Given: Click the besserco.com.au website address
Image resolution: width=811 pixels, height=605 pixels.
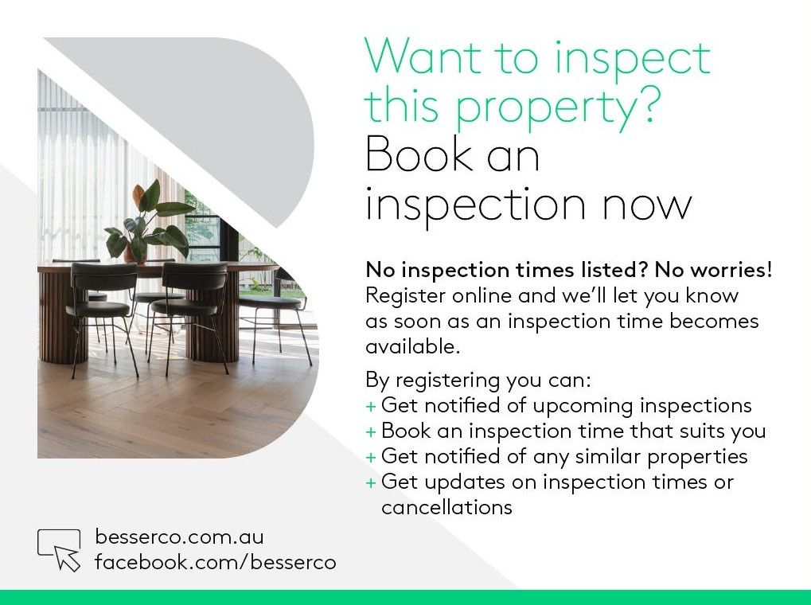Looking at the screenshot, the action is (x=179, y=537).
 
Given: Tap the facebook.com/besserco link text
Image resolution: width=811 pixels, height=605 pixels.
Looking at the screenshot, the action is (x=215, y=562).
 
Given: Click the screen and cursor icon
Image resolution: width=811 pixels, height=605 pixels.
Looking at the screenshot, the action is (x=59, y=549).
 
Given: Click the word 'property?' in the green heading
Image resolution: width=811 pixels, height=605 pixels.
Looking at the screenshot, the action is (x=559, y=107).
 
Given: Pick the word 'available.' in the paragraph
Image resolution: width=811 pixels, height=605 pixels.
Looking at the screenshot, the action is (x=413, y=346).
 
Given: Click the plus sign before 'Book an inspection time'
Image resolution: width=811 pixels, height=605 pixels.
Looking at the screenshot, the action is (x=371, y=432).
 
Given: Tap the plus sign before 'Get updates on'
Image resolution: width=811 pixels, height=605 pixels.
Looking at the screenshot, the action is (x=371, y=483).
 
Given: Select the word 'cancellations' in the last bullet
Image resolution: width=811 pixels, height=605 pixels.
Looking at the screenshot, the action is (x=446, y=507).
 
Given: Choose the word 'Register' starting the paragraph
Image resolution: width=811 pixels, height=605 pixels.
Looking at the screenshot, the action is (x=406, y=297).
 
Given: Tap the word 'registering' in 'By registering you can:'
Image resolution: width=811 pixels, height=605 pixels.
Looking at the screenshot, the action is (x=448, y=381).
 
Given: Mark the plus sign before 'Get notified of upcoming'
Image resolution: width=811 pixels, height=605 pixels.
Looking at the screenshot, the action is (x=371, y=407).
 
